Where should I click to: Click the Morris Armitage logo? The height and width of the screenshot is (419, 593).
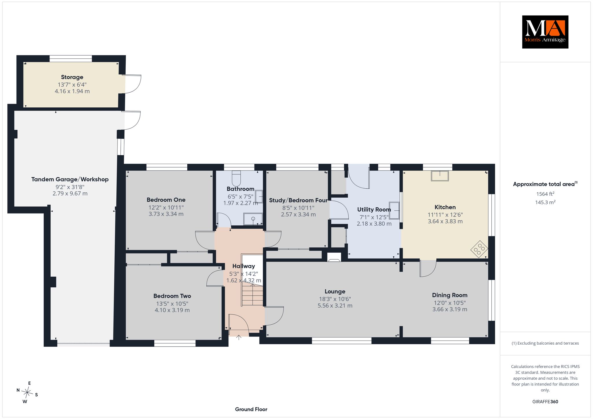pyautogui.click(x=545, y=32)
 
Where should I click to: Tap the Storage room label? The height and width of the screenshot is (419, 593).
pyautogui.click(x=72, y=77)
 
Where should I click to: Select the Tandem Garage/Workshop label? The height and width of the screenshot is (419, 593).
pyautogui.click(x=70, y=179)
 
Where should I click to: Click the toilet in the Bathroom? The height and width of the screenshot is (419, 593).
pyautogui.click(x=236, y=179)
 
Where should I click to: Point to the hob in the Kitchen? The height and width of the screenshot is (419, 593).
pyautogui.click(x=479, y=249)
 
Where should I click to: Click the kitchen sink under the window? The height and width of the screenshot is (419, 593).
pyautogui.click(x=440, y=176)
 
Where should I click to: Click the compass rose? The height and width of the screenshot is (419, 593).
pyautogui.click(x=27, y=393)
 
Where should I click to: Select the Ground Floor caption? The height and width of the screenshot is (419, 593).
pyautogui.click(x=251, y=409)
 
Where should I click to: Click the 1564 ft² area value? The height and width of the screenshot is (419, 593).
pyautogui.click(x=545, y=194)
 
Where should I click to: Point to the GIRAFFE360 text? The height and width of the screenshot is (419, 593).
pyautogui.click(x=545, y=402)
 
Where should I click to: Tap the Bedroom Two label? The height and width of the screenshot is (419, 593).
pyautogui.click(x=172, y=296)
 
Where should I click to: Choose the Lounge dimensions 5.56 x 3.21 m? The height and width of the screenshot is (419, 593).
pyautogui.click(x=335, y=306)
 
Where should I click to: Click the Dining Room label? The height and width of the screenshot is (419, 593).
pyautogui.click(x=450, y=295)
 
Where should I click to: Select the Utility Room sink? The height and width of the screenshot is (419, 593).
pyautogui.click(x=394, y=210)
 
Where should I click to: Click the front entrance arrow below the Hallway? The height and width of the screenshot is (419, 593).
pyautogui.click(x=239, y=337)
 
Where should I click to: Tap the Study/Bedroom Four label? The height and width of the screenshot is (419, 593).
pyautogui.click(x=298, y=200)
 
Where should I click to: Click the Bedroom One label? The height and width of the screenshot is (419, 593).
pyautogui.click(x=166, y=200)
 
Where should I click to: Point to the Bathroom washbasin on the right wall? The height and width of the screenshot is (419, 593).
pyautogui.click(x=259, y=197)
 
